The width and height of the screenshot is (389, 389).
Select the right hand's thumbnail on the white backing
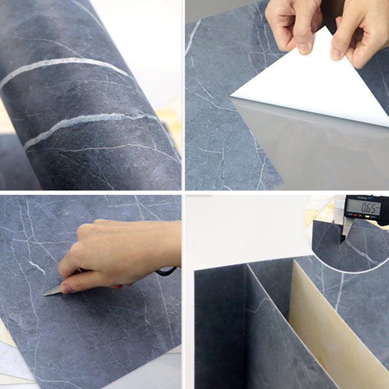(x=337, y=54)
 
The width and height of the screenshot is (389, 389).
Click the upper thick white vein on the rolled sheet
(x=65, y=65)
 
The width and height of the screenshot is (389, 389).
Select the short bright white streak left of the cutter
(x=36, y=266)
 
